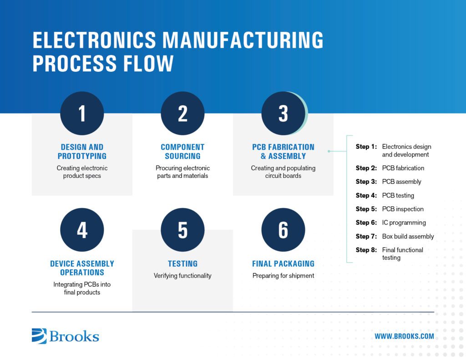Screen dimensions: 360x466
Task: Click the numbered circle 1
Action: [82, 113]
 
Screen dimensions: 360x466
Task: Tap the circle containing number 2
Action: [182, 113]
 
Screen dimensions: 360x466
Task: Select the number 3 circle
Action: [283, 113]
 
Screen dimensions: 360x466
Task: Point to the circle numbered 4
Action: [82, 230]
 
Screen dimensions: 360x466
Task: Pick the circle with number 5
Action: [182, 230]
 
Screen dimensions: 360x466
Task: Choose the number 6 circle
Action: [283, 230]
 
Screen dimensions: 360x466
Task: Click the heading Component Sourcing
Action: [182, 152]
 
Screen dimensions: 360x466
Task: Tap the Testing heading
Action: [182, 264]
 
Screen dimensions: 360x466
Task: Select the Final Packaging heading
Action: [283, 264]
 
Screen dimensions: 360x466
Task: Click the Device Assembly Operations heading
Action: [82, 268]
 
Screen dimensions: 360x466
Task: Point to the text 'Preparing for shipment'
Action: [283, 275]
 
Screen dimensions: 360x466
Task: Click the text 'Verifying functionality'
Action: [182, 275]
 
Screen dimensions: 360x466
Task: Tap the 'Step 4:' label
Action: [366, 195]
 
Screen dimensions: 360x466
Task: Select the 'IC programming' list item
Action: [404, 223]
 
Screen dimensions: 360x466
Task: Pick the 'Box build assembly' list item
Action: [408, 236]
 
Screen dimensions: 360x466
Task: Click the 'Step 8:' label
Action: [366, 250]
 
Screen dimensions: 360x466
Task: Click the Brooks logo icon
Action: [39, 336]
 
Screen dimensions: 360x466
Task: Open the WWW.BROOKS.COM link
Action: [404, 336]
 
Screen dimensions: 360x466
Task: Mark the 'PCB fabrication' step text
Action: [403, 168]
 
